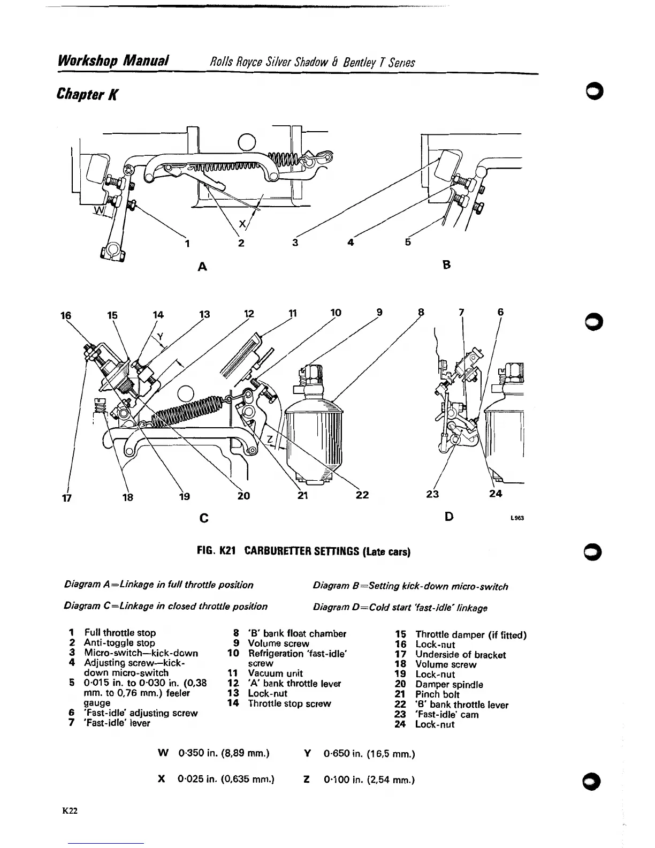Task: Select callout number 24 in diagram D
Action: (496, 493)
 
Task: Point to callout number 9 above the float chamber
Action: (379, 313)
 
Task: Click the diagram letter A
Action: (202, 266)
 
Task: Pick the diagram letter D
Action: (449, 516)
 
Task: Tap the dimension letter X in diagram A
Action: (242, 224)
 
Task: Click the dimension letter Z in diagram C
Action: (270, 440)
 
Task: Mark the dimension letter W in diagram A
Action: (98, 209)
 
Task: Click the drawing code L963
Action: (516, 518)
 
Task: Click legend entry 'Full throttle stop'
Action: (120, 633)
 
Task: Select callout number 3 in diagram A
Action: (294, 243)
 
